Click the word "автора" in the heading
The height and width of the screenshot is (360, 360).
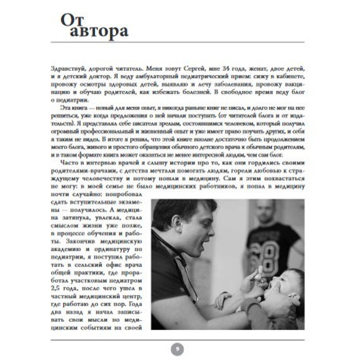pyautogui.click(x=99, y=32)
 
